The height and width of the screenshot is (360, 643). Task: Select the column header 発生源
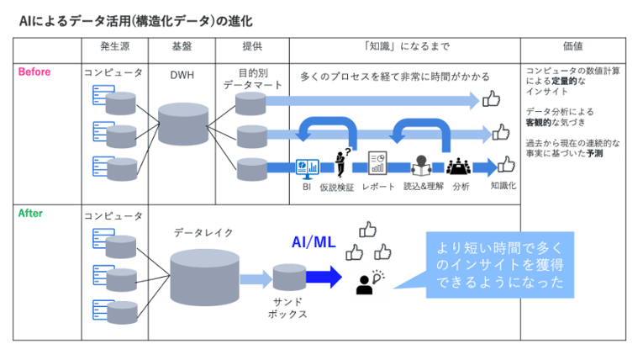[115, 46]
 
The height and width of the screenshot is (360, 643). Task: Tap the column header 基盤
[181, 46]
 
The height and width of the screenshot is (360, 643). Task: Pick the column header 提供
[250, 46]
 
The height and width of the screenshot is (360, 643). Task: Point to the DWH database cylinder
[182, 124]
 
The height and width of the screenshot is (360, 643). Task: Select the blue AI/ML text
[314, 243]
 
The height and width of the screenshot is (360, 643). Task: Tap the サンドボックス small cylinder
[285, 278]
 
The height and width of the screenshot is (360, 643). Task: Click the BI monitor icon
[307, 167]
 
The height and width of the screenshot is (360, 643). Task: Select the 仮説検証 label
[338, 187]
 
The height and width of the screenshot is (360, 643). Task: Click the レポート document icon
[377, 165]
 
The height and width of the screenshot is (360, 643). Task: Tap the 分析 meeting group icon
[460, 167]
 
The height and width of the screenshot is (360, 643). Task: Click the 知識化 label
[503, 185]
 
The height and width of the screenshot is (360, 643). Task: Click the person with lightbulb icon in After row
[366, 282]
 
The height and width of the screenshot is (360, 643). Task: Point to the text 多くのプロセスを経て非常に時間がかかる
[394, 77]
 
